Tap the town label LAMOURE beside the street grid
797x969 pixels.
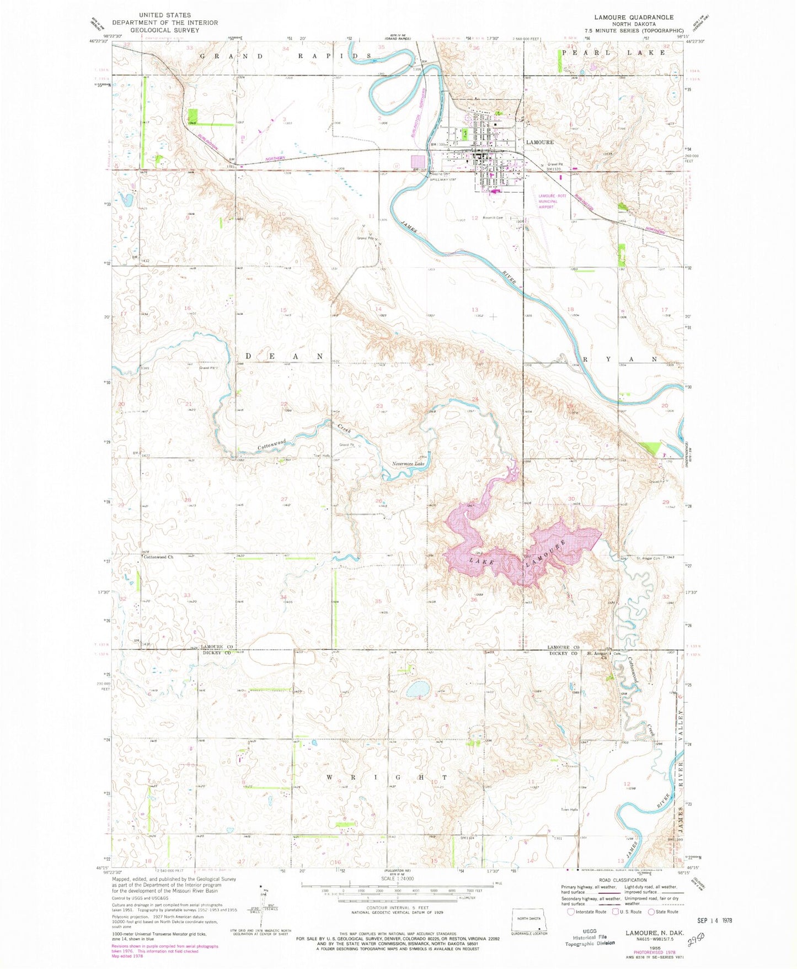pyautogui.click(x=540, y=142)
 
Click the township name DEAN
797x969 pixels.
pyautogui.click(x=284, y=357)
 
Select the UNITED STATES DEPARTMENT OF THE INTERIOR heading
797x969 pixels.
pyautogui.click(x=165, y=23)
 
